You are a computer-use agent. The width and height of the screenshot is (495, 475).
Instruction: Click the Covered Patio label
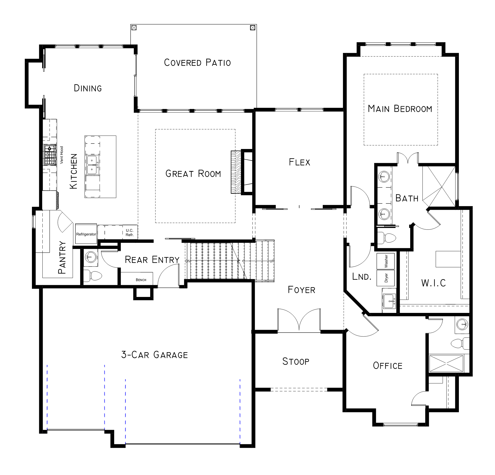[x=197, y=63]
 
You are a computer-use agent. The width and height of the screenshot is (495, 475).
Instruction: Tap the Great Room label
[x=193, y=174]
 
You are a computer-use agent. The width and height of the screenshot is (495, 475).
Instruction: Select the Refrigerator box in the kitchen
[x=86, y=234]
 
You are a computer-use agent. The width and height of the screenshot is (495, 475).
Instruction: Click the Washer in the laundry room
[x=386, y=261]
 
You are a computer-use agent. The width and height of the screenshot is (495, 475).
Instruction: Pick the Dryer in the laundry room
[x=386, y=278]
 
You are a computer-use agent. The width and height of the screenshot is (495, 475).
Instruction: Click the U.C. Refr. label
[x=130, y=233]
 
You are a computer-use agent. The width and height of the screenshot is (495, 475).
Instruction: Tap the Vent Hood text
[x=62, y=155]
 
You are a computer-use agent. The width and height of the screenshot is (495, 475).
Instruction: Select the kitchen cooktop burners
[x=50, y=155]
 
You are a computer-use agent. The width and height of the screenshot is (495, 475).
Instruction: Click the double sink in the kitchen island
[x=93, y=165]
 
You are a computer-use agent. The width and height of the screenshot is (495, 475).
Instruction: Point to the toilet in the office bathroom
[x=460, y=343]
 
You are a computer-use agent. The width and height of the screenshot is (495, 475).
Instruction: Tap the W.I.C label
[x=433, y=283]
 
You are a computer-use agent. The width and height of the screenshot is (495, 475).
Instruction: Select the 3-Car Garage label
[x=154, y=355]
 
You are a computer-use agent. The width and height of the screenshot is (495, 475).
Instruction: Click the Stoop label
[x=296, y=361]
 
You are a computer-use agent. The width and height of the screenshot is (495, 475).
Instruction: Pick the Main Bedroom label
[x=400, y=109]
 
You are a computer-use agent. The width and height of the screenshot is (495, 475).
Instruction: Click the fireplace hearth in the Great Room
[x=236, y=172]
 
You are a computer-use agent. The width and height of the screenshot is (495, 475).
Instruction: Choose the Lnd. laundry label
[x=362, y=277]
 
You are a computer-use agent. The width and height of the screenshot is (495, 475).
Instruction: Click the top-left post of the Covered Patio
[x=134, y=27]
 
